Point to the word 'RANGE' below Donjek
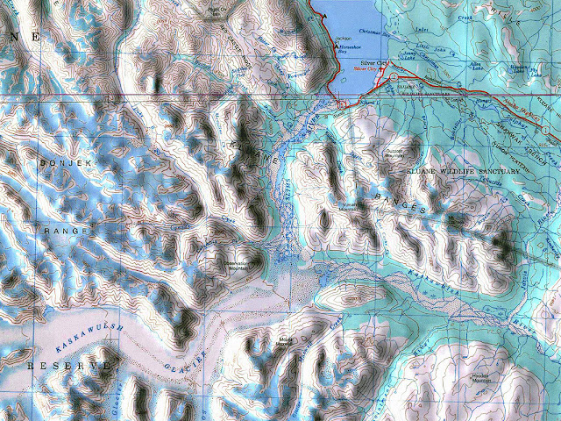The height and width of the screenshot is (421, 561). click(66, 231)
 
